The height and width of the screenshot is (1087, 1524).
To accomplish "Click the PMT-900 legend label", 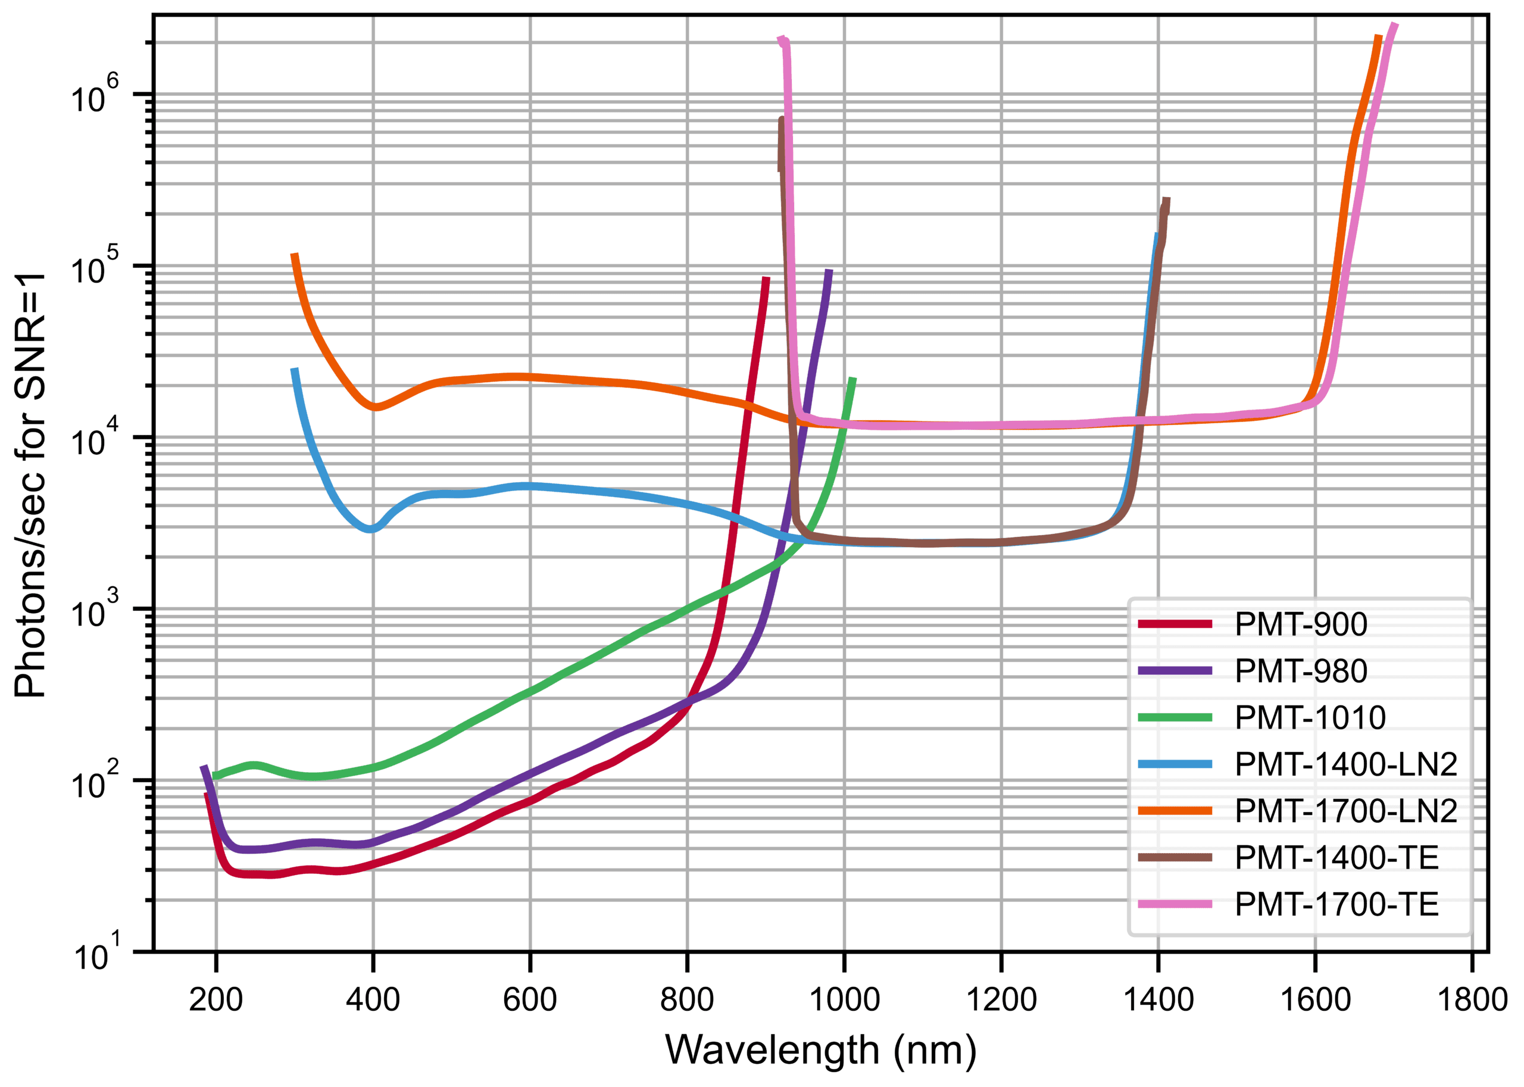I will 1300,624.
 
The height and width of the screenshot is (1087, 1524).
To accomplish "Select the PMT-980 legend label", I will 1300,671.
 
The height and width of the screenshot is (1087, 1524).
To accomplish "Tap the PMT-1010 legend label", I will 1310,717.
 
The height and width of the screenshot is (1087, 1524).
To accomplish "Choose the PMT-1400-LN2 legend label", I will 1346,764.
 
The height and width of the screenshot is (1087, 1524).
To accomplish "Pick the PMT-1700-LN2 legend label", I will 1346,811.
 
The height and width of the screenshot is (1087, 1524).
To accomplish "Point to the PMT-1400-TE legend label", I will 1336,858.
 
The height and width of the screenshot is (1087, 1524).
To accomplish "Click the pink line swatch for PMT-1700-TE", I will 1175,905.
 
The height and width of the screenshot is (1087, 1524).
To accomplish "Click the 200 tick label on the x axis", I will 216,1000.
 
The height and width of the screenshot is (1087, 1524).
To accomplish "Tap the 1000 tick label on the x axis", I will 844,1000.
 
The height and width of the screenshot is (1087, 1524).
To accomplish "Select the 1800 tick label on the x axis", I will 1472,1000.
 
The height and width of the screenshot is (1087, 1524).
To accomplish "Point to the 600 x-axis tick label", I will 529,1000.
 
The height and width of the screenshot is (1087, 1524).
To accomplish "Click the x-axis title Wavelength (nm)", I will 820,1049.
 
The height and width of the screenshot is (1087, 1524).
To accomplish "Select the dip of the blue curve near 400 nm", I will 371,529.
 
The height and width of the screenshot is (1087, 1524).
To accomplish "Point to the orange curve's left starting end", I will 294,255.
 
